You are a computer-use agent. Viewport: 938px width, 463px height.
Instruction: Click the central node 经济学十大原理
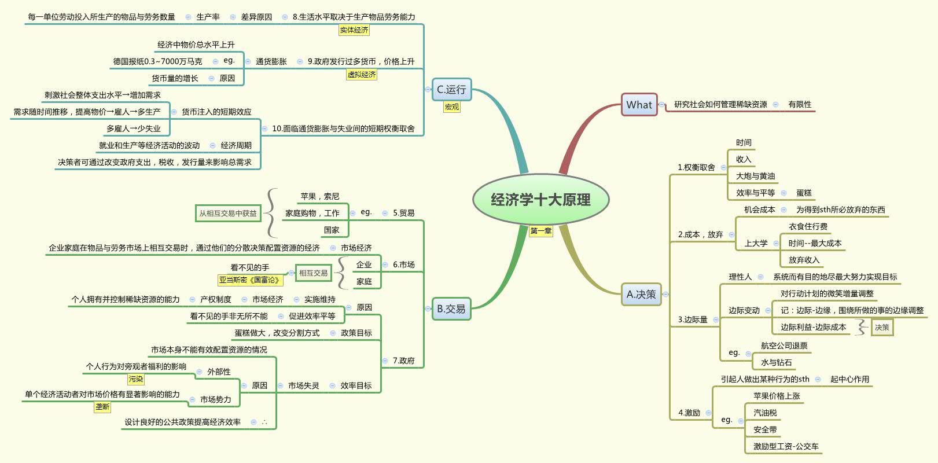tap(540, 200)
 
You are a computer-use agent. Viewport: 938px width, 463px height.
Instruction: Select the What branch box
tap(639, 105)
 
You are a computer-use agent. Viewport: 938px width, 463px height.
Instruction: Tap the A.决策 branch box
tap(641, 294)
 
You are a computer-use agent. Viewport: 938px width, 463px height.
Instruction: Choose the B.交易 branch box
tap(451, 308)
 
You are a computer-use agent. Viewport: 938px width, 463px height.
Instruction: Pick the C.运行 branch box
tap(451, 90)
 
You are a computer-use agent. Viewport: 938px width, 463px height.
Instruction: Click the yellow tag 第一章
tap(541, 231)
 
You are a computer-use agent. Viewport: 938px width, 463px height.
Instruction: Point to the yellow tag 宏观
tap(451, 107)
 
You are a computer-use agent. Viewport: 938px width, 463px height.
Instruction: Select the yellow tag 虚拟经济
tap(362, 75)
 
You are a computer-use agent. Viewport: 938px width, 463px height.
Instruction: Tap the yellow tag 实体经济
tap(354, 30)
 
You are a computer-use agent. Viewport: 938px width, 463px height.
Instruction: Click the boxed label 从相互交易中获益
tap(228, 214)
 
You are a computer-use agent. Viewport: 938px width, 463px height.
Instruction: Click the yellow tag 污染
tap(136, 379)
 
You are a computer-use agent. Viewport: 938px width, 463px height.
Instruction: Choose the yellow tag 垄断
tap(102, 407)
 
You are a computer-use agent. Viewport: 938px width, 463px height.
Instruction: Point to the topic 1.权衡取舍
tap(696, 167)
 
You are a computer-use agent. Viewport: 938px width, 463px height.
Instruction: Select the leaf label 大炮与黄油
tap(755, 176)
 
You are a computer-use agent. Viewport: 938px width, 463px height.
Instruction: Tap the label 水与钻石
tap(776, 362)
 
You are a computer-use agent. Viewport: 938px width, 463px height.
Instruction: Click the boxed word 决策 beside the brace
tap(882, 327)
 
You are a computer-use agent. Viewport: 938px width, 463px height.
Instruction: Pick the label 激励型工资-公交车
tap(786, 446)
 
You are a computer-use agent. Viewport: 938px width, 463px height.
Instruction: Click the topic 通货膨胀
tap(271, 61)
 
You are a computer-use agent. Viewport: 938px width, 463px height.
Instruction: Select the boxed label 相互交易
tap(313, 273)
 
